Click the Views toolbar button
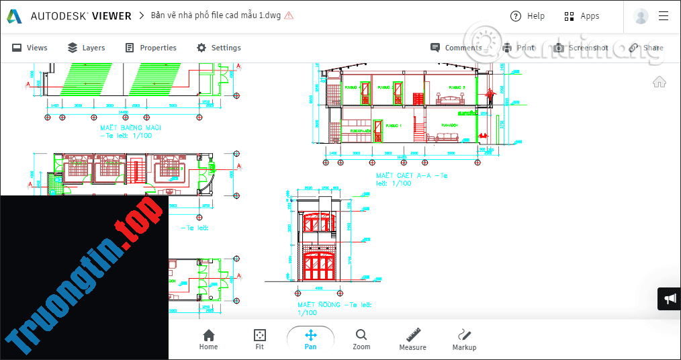[x=30, y=48]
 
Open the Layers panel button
[x=86, y=48]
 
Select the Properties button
[x=150, y=48]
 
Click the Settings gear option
[x=218, y=48]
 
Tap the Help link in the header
[x=527, y=16]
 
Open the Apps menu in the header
[x=582, y=16]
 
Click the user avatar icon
[x=641, y=16]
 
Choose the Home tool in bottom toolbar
[x=208, y=339]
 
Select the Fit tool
[x=259, y=339]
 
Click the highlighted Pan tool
[x=310, y=339]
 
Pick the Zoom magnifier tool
[x=361, y=339]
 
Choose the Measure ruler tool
[x=412, y=339]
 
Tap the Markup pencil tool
[x=464, y=339]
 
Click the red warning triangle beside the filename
[x=289, y=15]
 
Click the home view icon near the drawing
[x=660, y=82]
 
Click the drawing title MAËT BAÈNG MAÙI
[x=132, y=128]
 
